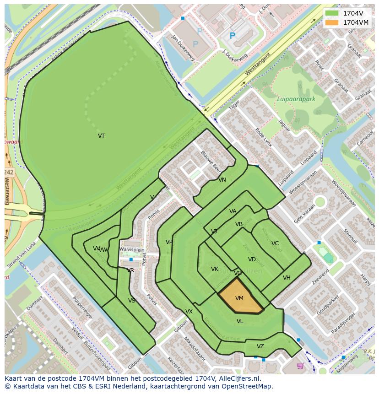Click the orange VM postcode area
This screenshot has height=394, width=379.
click(239, 298)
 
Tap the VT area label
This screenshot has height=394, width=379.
click(101, 136)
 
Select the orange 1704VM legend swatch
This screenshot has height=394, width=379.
click(332, 22)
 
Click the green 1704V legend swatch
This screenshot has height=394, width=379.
click(332, 13)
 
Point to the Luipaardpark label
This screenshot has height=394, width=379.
click(296, 99)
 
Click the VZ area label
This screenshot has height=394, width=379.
click(260, 346)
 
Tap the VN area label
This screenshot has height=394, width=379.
click(222, 180)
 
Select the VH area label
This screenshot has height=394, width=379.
click(287, 278)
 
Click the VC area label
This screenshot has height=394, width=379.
click(275, 243)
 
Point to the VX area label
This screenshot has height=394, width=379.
click(189, 312)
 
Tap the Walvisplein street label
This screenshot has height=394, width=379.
click(132, 250)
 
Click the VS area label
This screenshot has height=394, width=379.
click(132, 301)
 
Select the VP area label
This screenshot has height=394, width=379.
click(169, 242)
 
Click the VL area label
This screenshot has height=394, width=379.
click(240, 321)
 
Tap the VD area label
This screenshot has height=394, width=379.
click(252, 259)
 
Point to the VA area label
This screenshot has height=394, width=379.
click(233, 211)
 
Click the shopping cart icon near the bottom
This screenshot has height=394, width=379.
click(300, 366)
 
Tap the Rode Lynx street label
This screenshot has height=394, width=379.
click(263, 137)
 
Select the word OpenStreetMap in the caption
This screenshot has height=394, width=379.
click(248, 386)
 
